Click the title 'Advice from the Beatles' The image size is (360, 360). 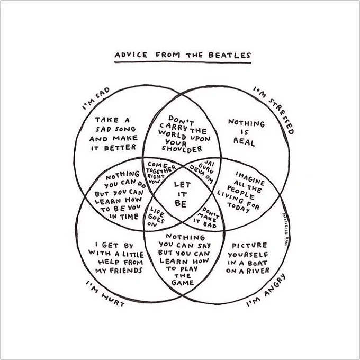[x=183, y=55]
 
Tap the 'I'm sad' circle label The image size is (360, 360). [x=96, y=98]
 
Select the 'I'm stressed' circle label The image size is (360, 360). [x=274, y=110]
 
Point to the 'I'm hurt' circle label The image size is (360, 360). [x=105, y=293]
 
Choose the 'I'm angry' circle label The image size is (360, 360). [x=266, y=290]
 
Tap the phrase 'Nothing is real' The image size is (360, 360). [x=246, y=133]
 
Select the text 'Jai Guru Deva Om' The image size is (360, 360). [x=202, y=171]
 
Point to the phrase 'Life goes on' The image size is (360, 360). [x=157, y=217]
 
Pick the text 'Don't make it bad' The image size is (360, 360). [x=206, y=218]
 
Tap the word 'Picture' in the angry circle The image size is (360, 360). [x=249, y=246]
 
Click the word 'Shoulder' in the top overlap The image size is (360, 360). [x=182, y=149]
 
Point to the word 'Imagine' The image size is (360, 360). [x=250, y=178]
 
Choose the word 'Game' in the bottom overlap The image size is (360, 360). [x=183, y=282]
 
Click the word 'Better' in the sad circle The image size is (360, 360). [x=120, y=147]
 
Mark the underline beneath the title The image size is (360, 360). [x=183, y=62]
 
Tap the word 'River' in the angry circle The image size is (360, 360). [x=258, y=271]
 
